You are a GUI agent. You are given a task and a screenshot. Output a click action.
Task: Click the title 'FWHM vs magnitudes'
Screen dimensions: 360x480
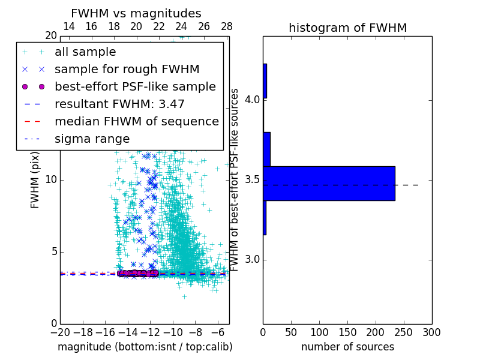(136, 13)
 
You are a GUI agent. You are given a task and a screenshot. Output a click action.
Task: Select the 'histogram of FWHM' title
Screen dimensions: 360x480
(347, 28)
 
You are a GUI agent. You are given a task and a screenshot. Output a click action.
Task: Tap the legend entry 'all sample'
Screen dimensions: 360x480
(85, 52)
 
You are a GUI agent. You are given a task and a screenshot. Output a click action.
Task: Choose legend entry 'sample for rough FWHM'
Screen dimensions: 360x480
(127, 70)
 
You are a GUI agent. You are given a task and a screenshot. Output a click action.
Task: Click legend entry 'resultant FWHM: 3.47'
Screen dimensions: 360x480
(119, 104)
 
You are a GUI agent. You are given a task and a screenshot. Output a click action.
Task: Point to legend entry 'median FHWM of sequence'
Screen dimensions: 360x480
(136, 121)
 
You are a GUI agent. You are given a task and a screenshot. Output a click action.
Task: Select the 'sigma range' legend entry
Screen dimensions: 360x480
(92, 139)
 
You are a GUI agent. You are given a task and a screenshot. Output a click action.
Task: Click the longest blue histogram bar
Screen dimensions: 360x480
(329, 183)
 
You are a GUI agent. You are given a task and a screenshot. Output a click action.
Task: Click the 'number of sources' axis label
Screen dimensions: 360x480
(347, 347)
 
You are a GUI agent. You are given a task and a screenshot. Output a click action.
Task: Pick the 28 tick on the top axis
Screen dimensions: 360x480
(227, 26)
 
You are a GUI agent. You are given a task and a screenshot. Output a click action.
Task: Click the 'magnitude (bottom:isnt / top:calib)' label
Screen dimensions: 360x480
(145, 347)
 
